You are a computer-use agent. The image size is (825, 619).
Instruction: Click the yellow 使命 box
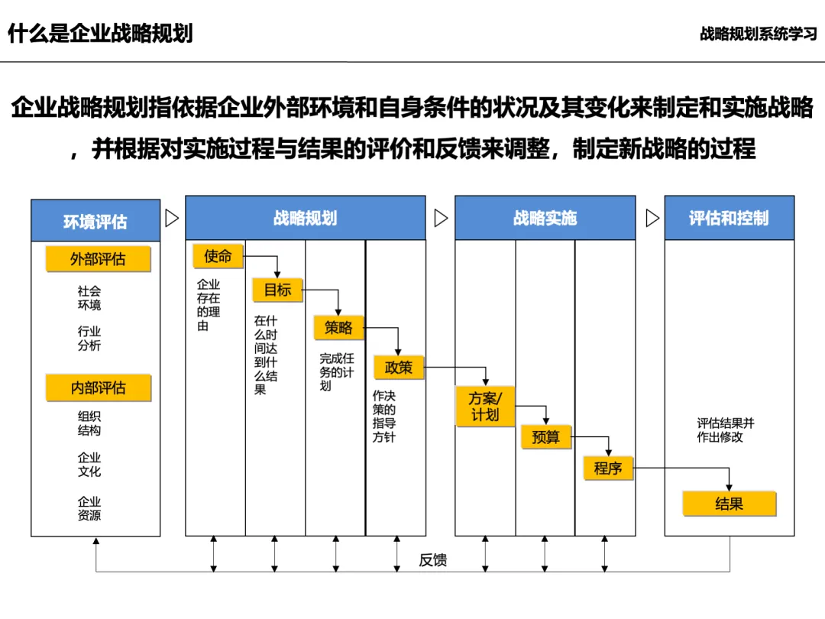tap(218, 257)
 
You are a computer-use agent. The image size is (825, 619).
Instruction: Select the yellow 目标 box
tap(277, 290)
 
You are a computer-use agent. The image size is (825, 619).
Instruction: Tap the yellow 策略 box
tap(338, 327)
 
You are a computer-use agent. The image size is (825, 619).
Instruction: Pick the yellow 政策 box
tap(398, 368)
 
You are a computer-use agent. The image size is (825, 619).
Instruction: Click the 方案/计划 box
tap(484, 407)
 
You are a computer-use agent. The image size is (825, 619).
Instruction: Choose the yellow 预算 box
tap(545, 437)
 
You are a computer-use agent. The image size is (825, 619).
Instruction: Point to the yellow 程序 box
tap(608, 468)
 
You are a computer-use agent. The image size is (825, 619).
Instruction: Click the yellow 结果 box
tap(729, 504)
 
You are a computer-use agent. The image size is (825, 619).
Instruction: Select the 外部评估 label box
tap(98, 260)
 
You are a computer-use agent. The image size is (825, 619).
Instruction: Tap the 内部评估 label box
tap(98, 388)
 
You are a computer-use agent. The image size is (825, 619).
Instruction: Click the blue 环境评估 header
tap(95, 222)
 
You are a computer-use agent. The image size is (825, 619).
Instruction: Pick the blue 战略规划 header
tap(305, 219)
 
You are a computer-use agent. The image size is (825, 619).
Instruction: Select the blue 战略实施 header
tap(545, 219)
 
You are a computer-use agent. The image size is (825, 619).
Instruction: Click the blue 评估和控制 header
tap(729, 219)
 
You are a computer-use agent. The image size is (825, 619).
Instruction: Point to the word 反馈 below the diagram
tap(432, 560)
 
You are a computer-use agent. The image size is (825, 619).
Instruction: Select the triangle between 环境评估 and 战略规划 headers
tap(172, 219)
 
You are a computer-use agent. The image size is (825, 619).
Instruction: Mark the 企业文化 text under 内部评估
tap(89, 465)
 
